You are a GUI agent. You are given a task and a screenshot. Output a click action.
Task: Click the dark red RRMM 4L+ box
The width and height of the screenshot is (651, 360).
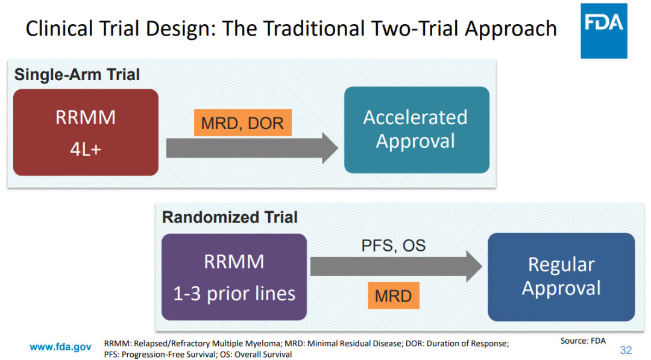click(86, 133)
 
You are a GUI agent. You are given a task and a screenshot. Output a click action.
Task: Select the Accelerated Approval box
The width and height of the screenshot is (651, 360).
click(417, 130)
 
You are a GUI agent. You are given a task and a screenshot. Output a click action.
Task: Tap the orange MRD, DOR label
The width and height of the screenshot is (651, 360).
click(242, 123)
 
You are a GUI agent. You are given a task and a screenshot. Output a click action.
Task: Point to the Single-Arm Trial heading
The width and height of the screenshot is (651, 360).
click(77, 75)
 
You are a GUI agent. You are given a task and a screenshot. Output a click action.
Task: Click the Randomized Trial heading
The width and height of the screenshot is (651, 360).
click(230, 217)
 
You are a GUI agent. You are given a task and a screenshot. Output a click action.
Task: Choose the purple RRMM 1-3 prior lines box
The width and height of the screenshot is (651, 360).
click(234, 277)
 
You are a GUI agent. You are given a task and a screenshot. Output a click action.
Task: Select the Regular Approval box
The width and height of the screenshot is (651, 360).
click(561, 277)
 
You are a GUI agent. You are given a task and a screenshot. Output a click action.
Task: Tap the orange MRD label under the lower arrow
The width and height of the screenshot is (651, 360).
click(393, 296)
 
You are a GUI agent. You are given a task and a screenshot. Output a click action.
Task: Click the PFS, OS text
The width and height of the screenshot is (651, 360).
click(393, 245)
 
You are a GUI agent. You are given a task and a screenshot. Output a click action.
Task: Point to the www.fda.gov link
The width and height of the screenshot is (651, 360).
click(61, 347)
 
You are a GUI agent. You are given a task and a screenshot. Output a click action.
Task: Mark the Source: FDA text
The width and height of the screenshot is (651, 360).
click(582, 341)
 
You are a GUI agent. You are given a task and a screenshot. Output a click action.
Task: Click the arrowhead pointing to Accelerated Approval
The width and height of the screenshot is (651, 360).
click(330, 148)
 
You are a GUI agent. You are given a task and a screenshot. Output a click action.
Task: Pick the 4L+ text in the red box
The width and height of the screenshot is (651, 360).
click(86, 149)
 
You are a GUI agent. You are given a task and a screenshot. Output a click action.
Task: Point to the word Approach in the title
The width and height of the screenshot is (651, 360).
click(521, 28)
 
